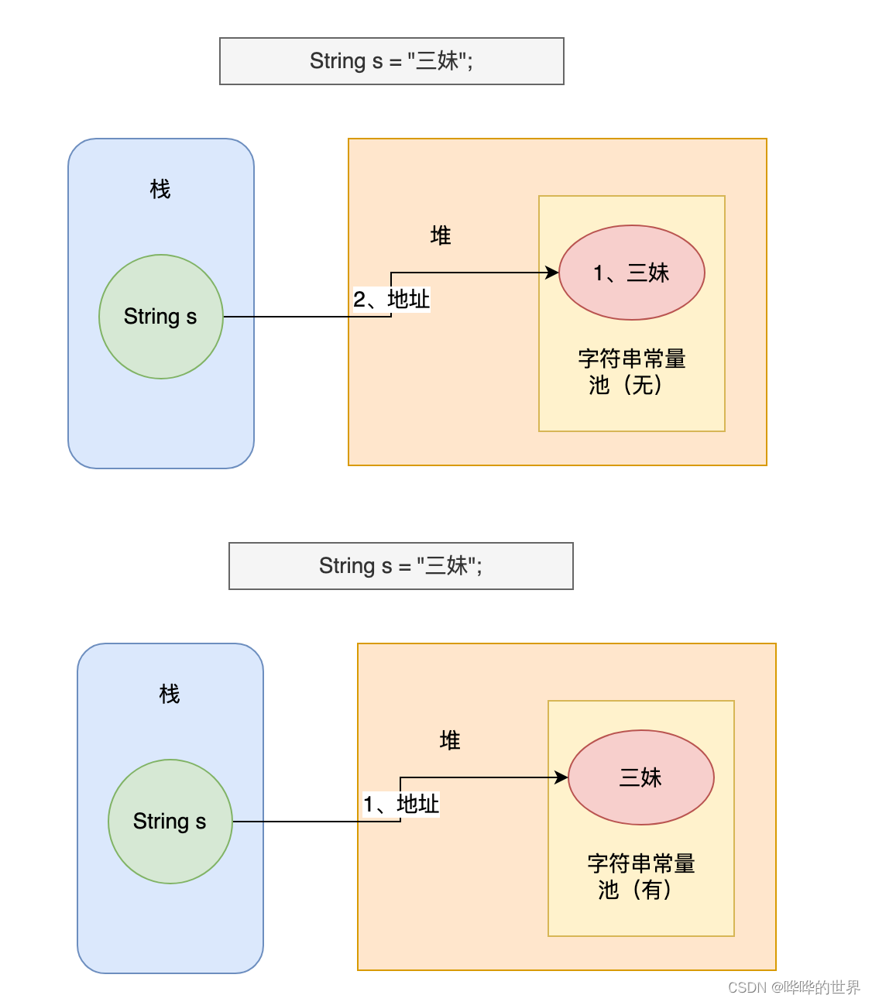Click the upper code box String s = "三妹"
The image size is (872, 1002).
391,61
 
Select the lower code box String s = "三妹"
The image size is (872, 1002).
400,566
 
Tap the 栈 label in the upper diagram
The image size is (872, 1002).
160,189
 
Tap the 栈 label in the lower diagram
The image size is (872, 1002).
170,694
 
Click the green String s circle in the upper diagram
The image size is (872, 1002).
161,317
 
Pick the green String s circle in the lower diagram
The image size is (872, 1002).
170,822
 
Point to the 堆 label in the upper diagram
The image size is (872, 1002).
441,235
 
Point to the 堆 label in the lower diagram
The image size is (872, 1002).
450,740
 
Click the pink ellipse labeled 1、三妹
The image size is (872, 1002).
632,273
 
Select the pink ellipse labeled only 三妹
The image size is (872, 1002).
641,777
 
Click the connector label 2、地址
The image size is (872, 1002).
392,299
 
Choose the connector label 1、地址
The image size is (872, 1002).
401,804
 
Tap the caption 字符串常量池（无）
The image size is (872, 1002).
631,372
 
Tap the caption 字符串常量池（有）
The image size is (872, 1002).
640,877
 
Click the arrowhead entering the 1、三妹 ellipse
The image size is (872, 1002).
553,273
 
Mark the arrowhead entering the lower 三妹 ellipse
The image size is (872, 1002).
562,777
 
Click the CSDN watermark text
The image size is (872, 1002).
794,987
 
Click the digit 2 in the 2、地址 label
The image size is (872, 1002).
359,300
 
